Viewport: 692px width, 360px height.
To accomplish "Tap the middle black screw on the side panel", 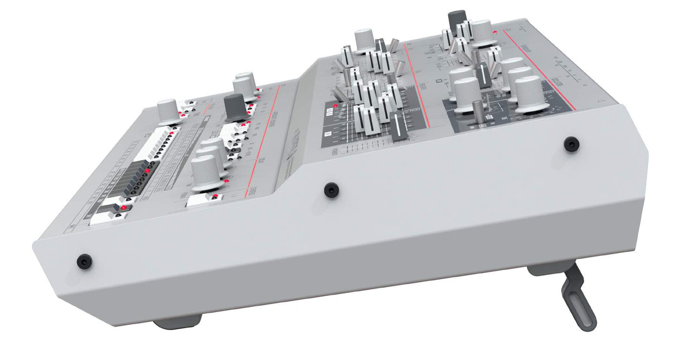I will (x=330, y=189).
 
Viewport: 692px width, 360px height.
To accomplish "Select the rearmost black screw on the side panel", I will (x=571, y=144).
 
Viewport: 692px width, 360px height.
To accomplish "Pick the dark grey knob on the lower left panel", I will (x=236, y=107).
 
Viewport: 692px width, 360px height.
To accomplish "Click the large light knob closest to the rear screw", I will (x=529, y=93).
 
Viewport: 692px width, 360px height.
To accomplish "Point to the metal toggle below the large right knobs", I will (x=478, y=110).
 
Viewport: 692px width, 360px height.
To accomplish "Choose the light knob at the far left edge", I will (x=168, y=109).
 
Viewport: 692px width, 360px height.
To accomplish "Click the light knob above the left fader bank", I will (x=365, y=39).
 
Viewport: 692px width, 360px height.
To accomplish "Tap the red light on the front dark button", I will (x=123, y=207).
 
